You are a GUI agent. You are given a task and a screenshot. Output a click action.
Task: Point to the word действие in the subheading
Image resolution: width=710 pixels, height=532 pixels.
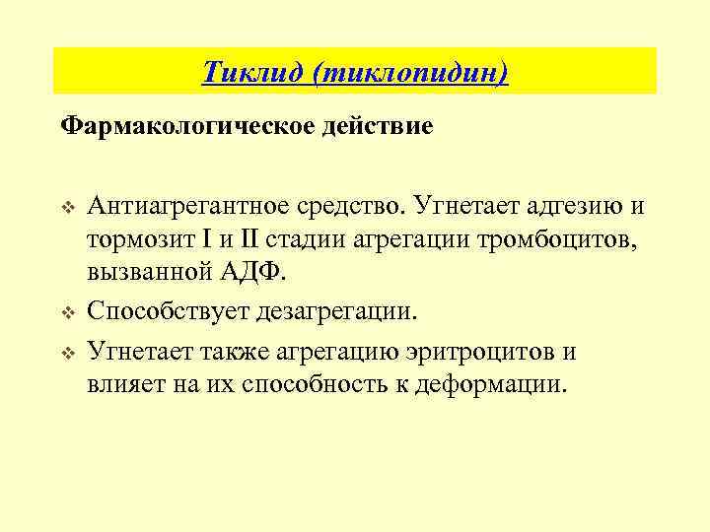(383, 128)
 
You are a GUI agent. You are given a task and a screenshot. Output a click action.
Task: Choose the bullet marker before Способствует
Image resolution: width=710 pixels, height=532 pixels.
(68, 313)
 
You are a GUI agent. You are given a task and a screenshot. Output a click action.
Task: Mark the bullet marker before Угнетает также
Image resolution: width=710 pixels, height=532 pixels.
(68, 353)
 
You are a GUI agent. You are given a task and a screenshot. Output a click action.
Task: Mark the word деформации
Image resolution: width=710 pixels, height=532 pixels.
(495, 383)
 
